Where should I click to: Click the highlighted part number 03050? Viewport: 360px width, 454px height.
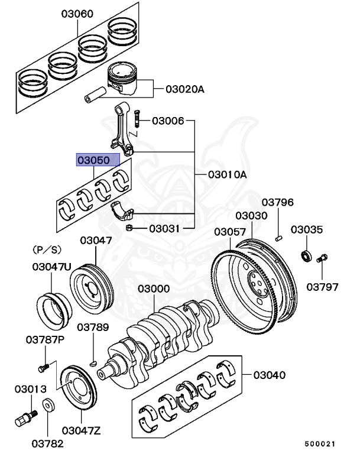click(x=97, y=160)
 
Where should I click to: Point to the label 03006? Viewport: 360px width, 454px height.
click(x=168, y=121)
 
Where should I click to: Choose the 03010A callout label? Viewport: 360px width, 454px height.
click(x=227, y=175)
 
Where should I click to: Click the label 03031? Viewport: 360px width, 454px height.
click(x=164, y=228)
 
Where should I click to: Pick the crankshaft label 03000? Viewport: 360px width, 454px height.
click(x=154, y=290)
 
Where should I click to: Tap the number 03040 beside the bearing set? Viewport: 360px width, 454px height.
click(x=270, y=375)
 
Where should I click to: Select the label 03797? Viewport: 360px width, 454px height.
click(x=322, y=287)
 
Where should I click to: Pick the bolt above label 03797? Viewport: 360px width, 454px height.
click(x=322, y=259)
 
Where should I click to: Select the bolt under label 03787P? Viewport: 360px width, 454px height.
click(x=43, y=367)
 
